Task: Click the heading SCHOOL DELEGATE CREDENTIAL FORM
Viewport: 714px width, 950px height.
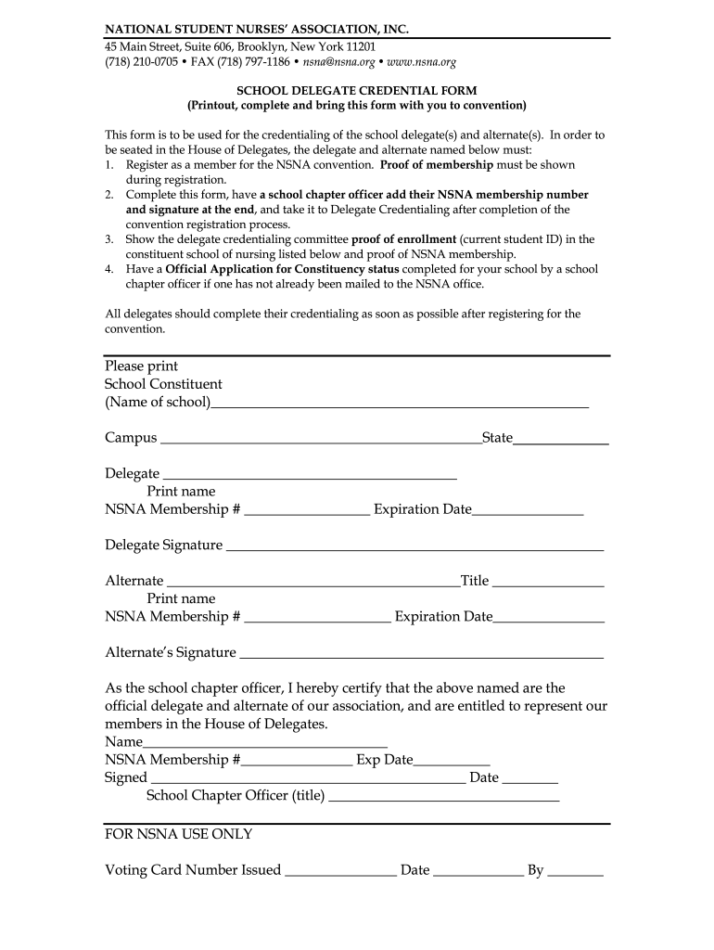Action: (357, 90)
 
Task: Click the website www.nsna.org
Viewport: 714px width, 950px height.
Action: (423, 62)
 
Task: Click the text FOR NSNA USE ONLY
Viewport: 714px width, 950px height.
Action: (178, 834)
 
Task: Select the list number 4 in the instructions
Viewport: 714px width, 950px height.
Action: (108, 269)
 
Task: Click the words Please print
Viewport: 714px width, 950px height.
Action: (141, 366)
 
